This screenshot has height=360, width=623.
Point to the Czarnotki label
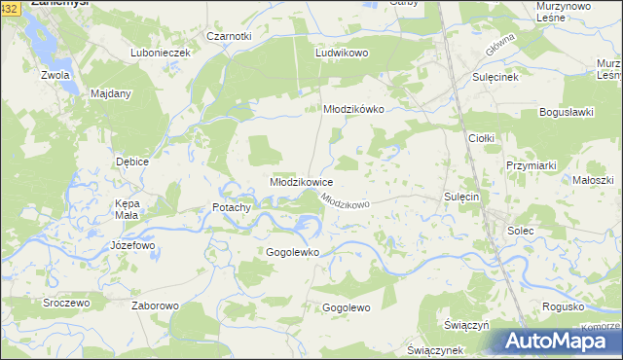pos(229,36)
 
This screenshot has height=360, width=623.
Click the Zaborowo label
pos(155,306)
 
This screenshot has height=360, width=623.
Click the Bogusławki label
pos(566,112)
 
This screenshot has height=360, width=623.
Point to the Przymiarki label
pos(531,165)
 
